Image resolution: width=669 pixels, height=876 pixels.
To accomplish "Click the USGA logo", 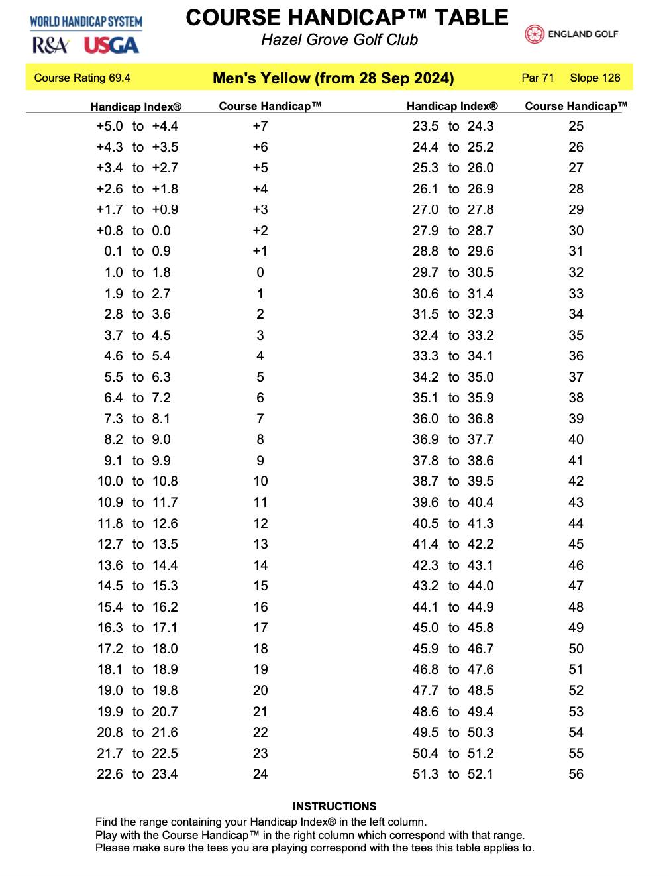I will click(111, 46).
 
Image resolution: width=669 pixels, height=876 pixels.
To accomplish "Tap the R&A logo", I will click(50, 46).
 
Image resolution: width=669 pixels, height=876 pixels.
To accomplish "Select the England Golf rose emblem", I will click(534, 34).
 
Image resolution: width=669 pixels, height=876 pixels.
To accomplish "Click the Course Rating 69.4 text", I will click(82, 78).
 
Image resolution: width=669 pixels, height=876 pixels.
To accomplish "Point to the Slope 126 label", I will click(595, 78).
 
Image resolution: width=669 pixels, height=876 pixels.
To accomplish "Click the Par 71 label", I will click(537, 78).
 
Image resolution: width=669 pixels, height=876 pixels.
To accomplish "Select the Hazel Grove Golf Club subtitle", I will click(339, 40).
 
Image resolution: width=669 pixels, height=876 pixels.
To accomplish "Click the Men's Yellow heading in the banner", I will click(333, 78).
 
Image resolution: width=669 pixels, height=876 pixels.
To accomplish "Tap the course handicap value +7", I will click(260, 126).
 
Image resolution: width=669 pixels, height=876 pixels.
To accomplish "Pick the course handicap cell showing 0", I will click(260, 272).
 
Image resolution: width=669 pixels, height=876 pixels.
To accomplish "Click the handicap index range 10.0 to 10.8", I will click(138, 481).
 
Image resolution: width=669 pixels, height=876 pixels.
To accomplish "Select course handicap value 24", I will click(260, 774).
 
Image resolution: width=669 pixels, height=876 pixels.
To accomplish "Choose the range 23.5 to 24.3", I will click(453, 126).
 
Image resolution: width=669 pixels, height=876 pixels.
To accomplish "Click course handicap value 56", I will click(576, 774).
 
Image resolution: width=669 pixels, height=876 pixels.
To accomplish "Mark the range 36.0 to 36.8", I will click(453, 419).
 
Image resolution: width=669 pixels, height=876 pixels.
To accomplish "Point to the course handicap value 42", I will click(576, 481).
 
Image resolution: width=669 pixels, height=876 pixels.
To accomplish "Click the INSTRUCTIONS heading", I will click(334, 806).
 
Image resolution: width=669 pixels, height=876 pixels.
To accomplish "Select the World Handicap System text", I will click(86, 21).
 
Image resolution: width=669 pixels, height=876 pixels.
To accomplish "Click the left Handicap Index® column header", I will click(136, 107).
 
